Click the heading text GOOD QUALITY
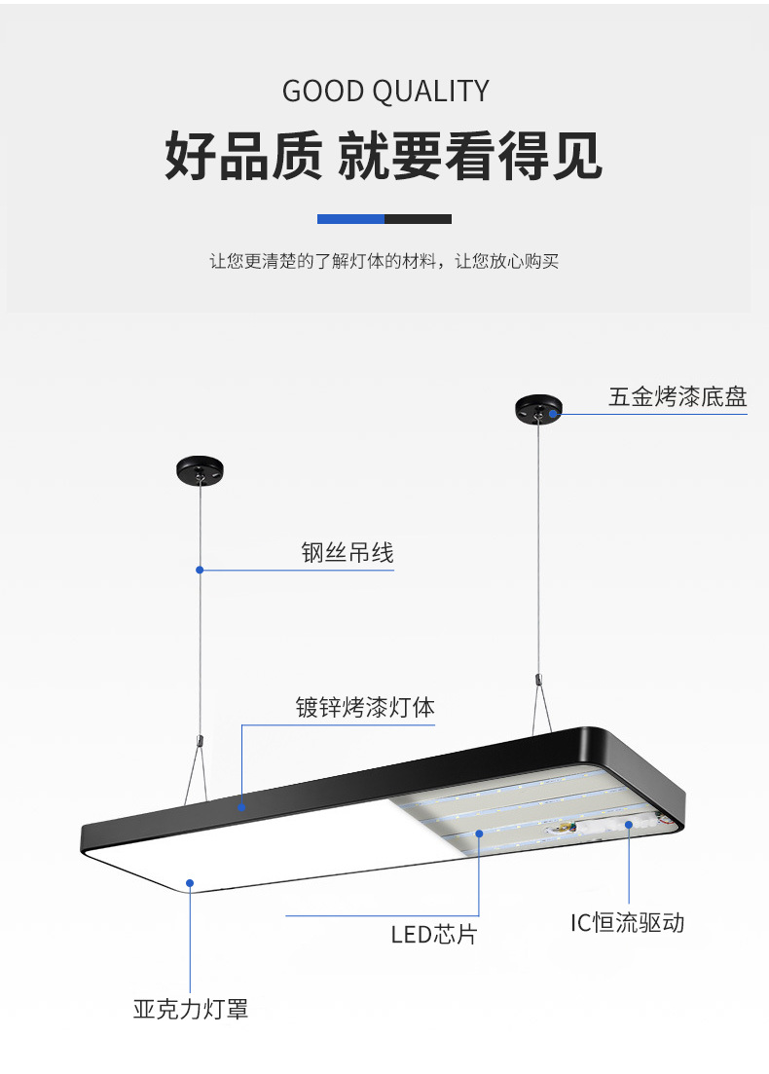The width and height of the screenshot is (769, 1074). (x=385, y=92)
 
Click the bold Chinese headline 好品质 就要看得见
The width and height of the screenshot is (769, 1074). (x=384, y=156)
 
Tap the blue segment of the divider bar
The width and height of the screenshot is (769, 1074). (x=350, y=219)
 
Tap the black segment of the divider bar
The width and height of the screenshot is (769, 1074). (x=418, y=219)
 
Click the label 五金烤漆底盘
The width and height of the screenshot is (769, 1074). (x=677, y=396)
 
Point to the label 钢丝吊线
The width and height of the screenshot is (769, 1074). (x=347, y=553)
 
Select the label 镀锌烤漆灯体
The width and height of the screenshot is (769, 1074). (x=365, y=707)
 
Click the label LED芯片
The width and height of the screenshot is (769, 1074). (x=434, y=935)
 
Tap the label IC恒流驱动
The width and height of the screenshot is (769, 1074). (x=627, y=922)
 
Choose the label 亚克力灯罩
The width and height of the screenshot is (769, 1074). (x=191, y=1009)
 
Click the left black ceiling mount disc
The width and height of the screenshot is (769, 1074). (x=200, y=470)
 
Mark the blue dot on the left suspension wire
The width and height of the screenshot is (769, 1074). (x=200, y=570)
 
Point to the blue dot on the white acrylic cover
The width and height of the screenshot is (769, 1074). (x=191, y=883)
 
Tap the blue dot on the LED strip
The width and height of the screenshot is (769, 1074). (x=480, y=833)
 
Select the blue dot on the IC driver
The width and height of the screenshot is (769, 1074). (x=629, y=825)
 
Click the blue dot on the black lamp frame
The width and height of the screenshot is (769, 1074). (x=241, y=806)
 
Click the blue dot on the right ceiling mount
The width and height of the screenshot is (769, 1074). (x=552, y=415)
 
